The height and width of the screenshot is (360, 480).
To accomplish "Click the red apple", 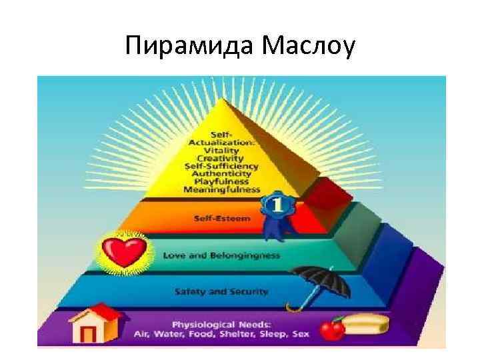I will pyautogui.click(x=331, y=329).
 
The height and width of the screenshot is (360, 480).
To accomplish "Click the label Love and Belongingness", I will pyautogui.click(x=221, y=255).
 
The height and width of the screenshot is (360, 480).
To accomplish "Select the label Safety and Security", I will pyautogui.click(x=221, y=291).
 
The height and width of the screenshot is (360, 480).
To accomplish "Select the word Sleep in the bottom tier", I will pyautogui.click(x=271, y=332).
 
